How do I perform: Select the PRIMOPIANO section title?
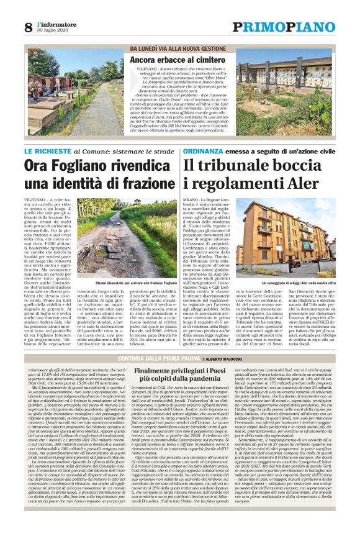click(x=283, y=27)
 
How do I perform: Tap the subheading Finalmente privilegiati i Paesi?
click(x=179, y=371)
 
